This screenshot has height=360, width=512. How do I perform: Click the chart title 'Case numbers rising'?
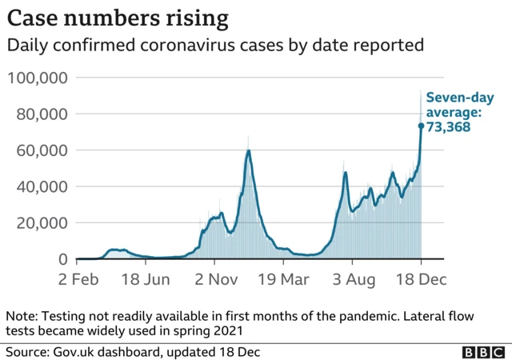pos(117,18)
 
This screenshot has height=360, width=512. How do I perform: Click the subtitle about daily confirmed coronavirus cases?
pos(214,46)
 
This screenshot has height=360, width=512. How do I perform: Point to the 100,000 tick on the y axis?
pos(38,78)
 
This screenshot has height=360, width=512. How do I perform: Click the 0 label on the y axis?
pos(62,259)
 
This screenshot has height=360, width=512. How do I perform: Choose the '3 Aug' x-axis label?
pos(352,280)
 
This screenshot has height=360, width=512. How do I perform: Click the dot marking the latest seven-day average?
pos(421,126)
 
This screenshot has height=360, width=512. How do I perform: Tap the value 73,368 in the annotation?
pos(447,126)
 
